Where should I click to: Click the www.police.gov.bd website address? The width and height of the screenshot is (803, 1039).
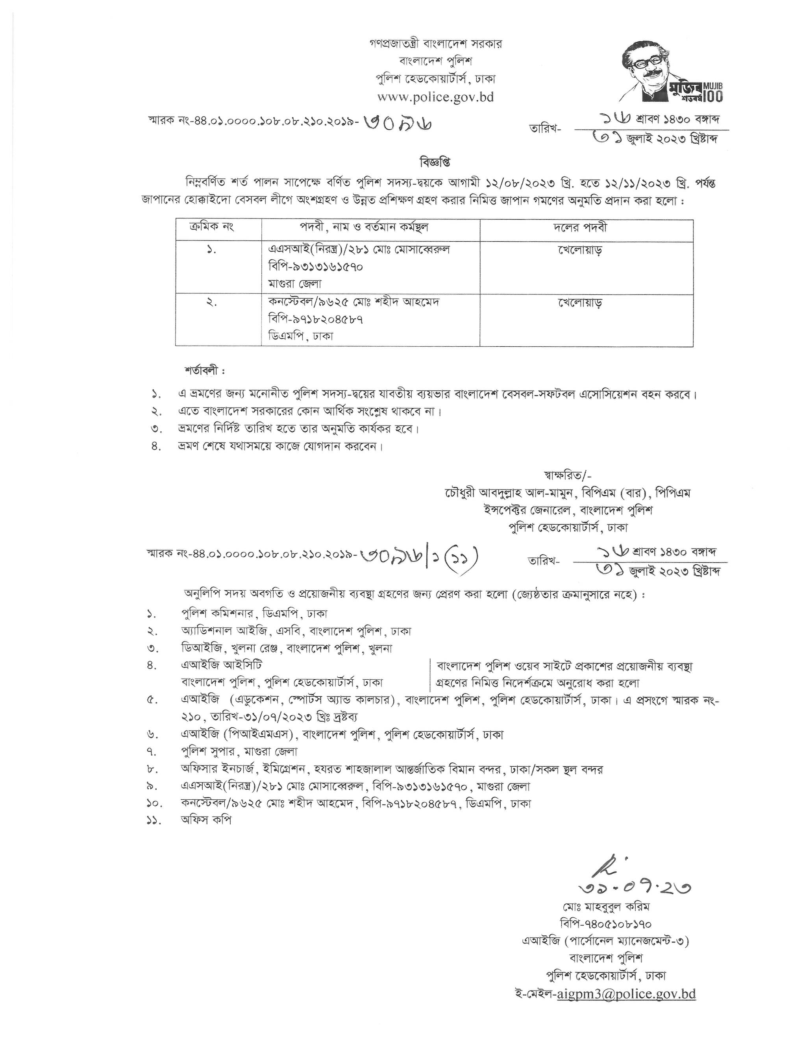tap(435, 98)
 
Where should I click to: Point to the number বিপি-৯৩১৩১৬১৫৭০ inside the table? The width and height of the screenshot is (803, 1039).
tap(315, 267)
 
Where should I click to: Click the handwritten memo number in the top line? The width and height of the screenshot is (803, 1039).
tap(398, 124)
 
